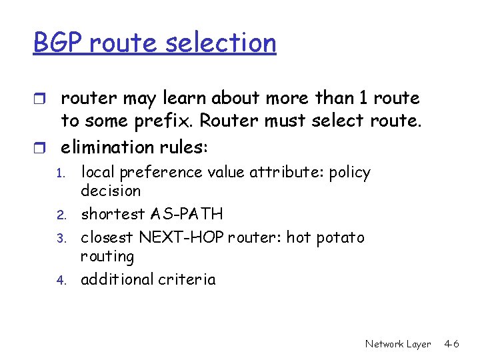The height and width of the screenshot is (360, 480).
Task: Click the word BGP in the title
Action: point(58,43)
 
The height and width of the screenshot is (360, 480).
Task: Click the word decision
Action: point(111,191)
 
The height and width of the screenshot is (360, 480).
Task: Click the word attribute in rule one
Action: point(281,172)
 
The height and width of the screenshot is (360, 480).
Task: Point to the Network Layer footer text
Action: point(398,344)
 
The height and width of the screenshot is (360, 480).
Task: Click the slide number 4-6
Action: point(451,344)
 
